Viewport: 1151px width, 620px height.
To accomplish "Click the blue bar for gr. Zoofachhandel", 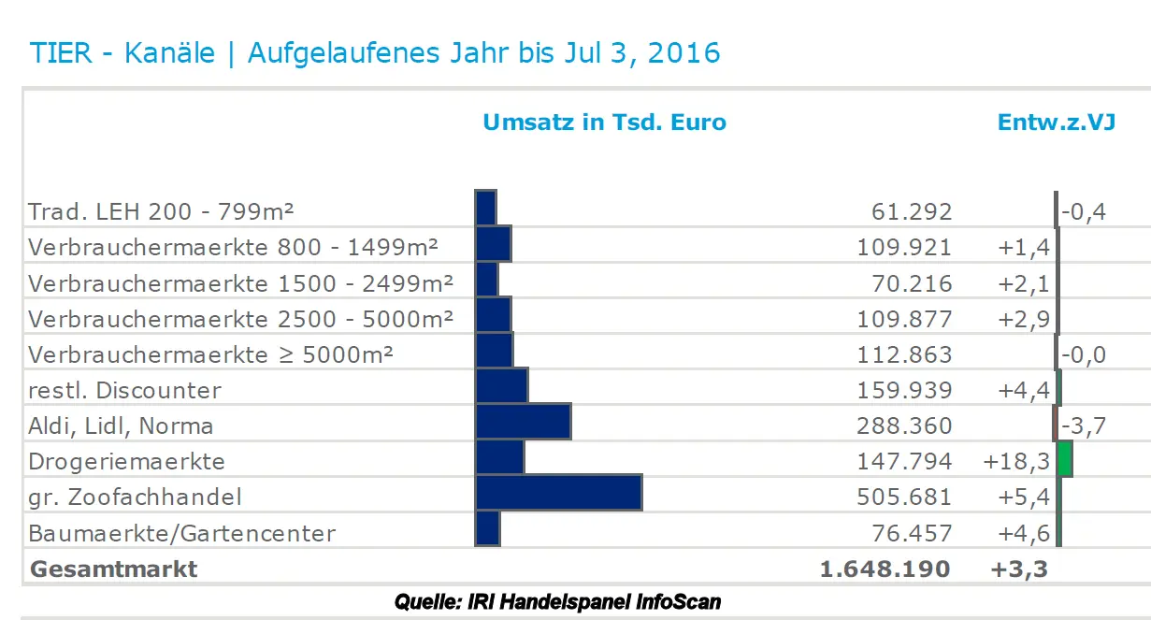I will pos(558,493).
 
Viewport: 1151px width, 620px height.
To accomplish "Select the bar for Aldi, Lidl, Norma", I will pos(523,422).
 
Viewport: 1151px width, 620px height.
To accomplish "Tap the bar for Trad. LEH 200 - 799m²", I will pos(485,208).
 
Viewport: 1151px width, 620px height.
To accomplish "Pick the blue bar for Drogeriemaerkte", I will pos(499,457).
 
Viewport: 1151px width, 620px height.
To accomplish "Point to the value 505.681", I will pos(904,497).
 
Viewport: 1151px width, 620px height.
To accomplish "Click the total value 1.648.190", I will pos(884,569).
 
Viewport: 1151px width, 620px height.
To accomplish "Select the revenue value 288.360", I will pos(904,426).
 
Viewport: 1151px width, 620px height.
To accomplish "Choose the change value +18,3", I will pos(1017,462).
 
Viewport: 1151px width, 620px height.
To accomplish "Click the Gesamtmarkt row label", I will pos(113,569).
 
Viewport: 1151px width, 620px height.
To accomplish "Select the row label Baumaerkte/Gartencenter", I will pos(181,534).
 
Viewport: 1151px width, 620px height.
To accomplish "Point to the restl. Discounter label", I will pos(124,390).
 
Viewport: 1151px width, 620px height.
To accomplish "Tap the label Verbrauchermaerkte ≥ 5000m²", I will pos(210,355).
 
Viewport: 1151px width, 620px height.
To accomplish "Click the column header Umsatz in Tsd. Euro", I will pos(604,123).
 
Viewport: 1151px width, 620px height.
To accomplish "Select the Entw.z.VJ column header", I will pos(1057,123).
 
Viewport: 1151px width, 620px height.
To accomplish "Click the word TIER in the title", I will pos(60,52).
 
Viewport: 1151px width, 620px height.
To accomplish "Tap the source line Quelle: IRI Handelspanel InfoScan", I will pos(557,600).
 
